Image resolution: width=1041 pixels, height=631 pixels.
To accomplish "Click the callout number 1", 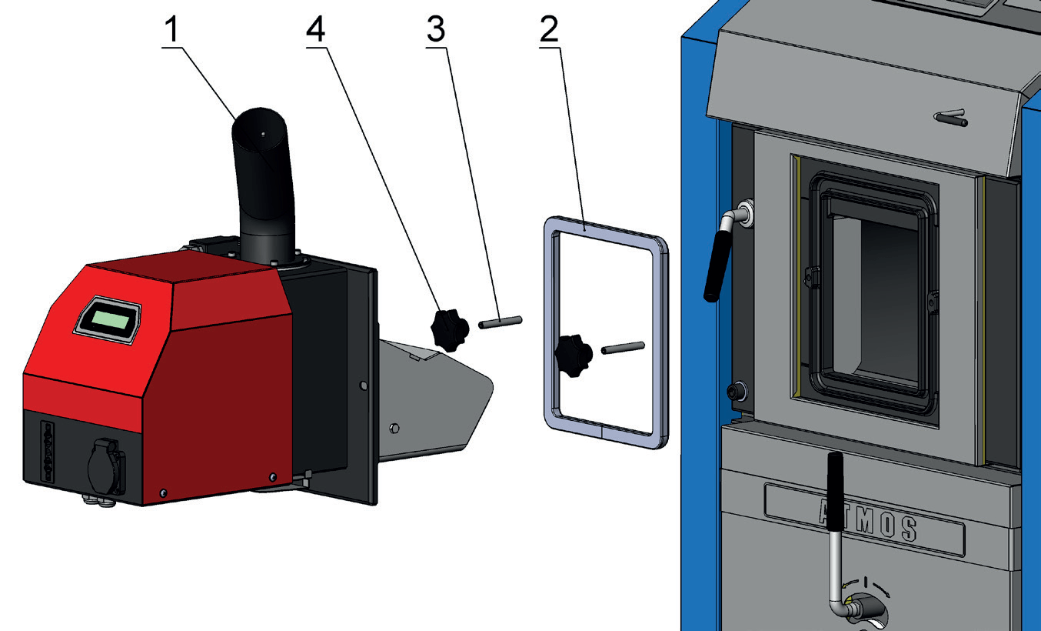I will tap(174, 30).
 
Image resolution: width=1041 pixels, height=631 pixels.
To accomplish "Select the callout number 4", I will tap(315, 30).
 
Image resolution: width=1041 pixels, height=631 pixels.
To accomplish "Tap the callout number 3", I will tap(436, 30).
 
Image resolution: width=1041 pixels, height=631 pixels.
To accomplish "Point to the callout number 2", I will tap(549, 30).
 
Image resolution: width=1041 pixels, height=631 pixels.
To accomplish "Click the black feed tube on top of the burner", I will tap(264, 185).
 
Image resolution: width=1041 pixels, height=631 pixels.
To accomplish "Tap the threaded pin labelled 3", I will tap(501, 322).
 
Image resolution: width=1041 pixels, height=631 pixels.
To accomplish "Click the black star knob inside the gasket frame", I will tap(573, 356).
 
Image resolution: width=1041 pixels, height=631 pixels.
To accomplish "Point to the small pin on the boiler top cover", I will tap(950, 119).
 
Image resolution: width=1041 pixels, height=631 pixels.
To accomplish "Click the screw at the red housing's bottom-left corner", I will tap(163, 492).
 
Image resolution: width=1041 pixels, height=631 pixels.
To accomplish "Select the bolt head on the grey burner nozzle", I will tap(394, 427).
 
